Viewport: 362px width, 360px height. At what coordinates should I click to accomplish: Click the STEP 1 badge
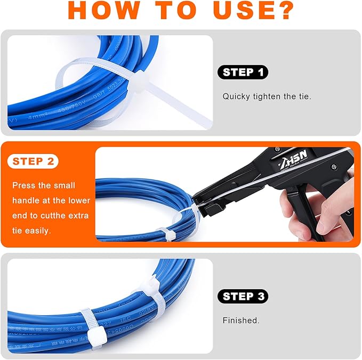tap(243, 72)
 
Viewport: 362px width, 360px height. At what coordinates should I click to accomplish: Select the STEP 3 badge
tap(243, 297)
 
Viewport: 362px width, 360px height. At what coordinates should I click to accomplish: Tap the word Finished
tap(241, 321)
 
